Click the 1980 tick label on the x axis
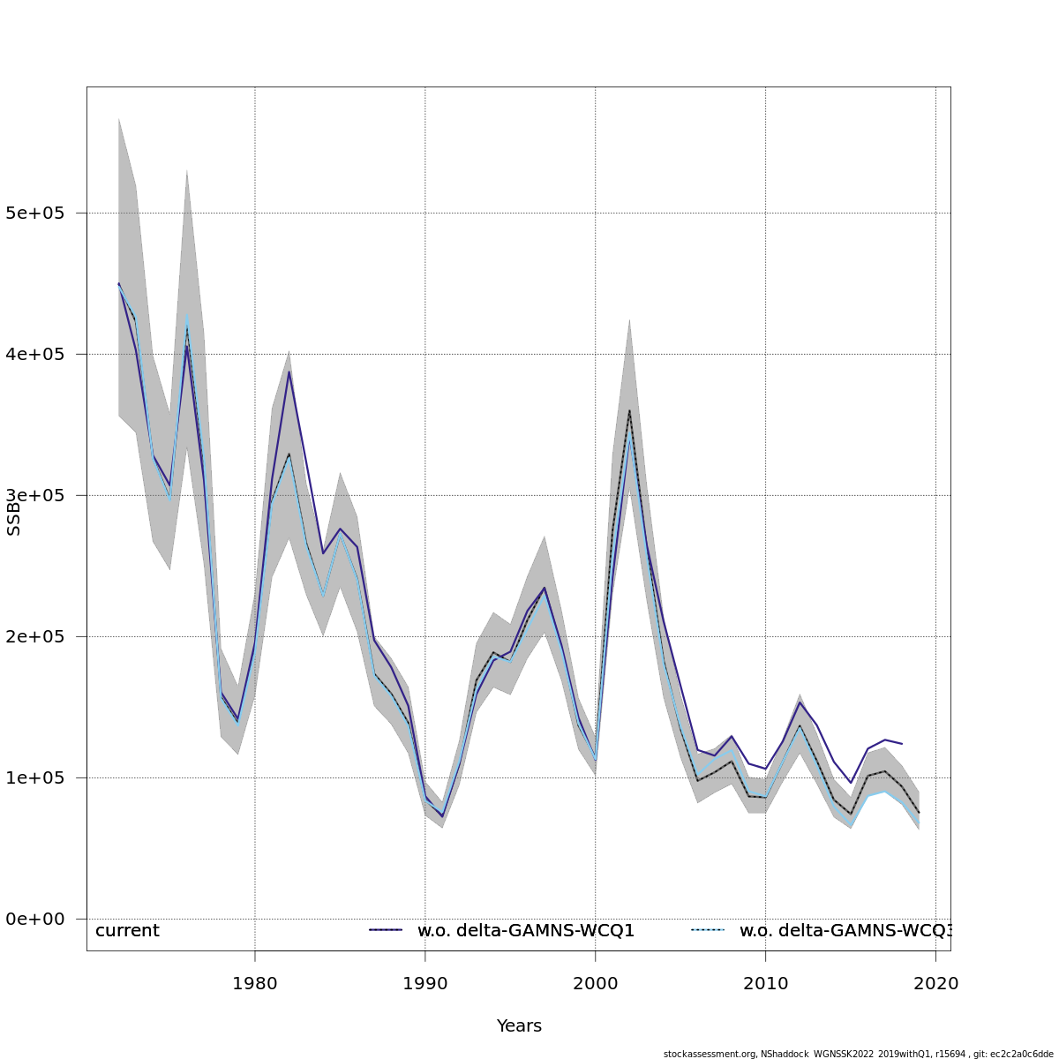pos(255,983)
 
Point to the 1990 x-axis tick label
pos(425,983)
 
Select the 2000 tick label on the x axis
pos(596,983)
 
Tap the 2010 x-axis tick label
pos(765,983)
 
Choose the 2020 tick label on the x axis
pos(935,983)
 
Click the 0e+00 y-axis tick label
pos(35,920)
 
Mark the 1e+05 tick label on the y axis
pos(35,778)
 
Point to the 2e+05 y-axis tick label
pos(35,637)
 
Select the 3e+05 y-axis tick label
pos(35,496)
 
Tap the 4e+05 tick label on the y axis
pos(35,355)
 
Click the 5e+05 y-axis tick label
pos(35,214)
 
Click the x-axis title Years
pos(519,1026)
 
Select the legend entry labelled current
pos(127,931)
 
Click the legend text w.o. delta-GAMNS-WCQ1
pos(526,931)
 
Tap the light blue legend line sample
pos(707,930)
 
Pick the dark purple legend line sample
pos(386,930)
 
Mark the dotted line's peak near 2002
pos(629,410)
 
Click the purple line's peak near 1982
pos(289,371)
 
